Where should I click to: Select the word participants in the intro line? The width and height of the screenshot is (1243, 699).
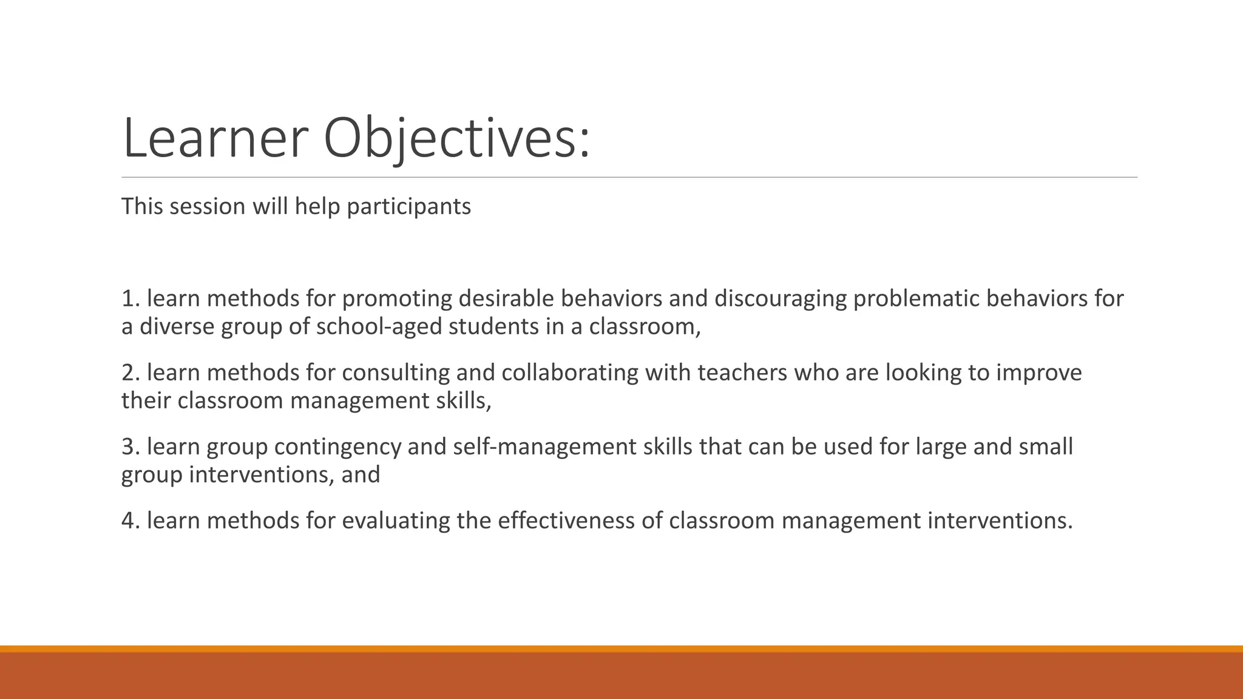coord(408,207)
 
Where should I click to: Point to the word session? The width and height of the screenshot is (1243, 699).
coord(208,207)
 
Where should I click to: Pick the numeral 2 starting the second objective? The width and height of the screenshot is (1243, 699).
coord(127,373)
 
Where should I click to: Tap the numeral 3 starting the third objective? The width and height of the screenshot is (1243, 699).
coord(127,447)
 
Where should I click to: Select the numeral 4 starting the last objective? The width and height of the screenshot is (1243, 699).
coord(127,521)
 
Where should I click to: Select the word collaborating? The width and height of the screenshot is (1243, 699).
coord(570,373)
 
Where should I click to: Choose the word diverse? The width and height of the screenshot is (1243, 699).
coord(177,327)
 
